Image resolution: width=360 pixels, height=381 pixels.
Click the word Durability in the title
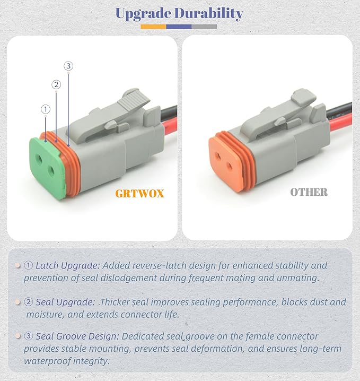point(209,13)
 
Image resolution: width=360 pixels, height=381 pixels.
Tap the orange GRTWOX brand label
point(139,194)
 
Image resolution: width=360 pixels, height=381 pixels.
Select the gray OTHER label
point(309,192)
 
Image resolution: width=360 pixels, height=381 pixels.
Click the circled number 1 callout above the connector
point(46,109)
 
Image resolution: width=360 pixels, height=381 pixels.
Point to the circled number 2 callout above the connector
point(56,84)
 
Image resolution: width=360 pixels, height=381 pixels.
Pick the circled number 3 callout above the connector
point(68,66)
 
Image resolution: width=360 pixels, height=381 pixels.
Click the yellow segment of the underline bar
point(153,26)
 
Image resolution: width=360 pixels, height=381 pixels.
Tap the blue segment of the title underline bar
point(179,26)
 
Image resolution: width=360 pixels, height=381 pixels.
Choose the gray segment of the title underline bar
point(204,26)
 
